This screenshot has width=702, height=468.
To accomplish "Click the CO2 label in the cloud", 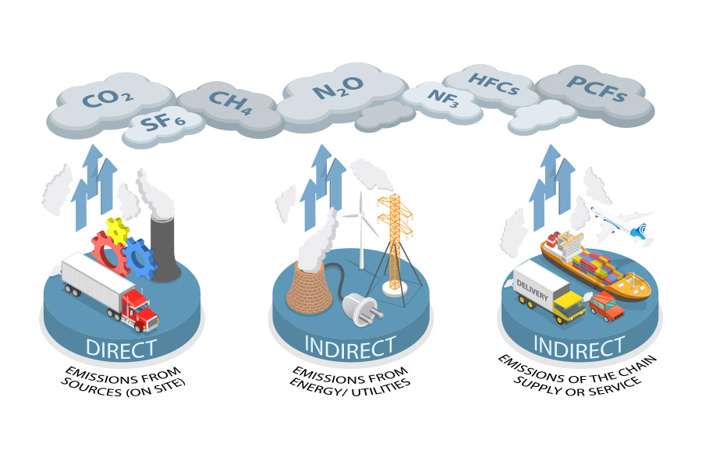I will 107,100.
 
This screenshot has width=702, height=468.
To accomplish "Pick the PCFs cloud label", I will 597,88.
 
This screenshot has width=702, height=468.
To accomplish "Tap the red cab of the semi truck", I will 139,306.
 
